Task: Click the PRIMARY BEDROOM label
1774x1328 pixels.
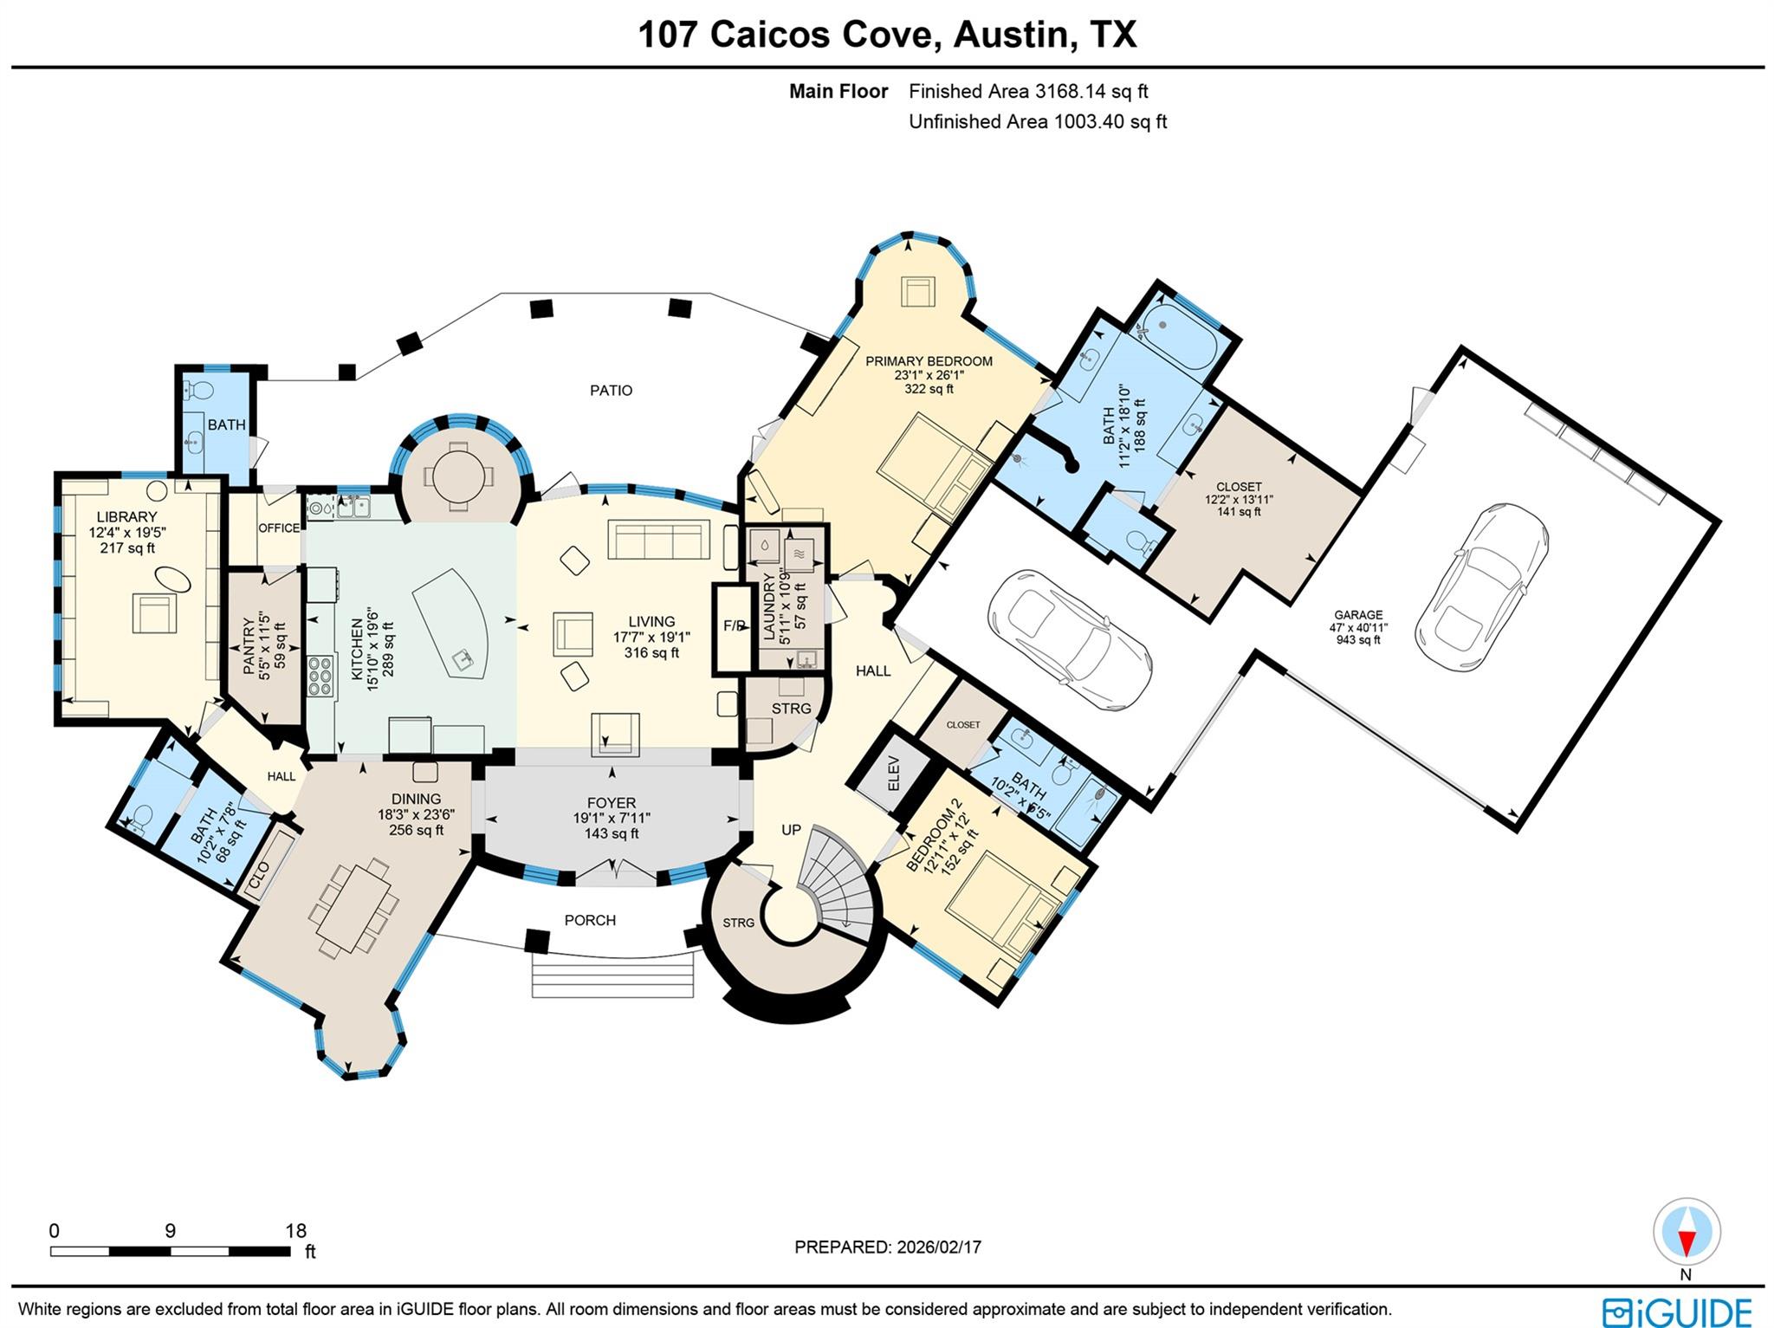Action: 929,361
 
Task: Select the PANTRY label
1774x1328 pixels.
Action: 249,647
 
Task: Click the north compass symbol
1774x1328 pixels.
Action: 1686,1233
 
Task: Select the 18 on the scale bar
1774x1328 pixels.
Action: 296,1231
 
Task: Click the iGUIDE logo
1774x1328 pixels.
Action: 1676,1310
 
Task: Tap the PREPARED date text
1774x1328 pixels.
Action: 888,1247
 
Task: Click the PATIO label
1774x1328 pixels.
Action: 611,391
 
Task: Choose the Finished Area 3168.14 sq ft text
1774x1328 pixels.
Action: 1028,91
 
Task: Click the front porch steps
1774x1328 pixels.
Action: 613,975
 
